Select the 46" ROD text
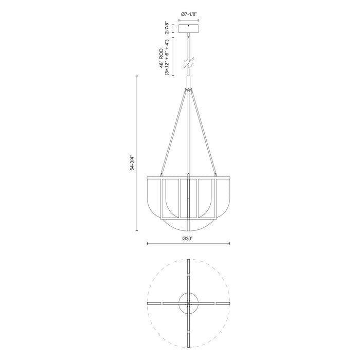[161, 59]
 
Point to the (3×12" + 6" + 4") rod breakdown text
[167, 59]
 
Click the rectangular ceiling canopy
[189, 29]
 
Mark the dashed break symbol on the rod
[189, 62]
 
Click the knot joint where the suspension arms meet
[189, 91]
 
